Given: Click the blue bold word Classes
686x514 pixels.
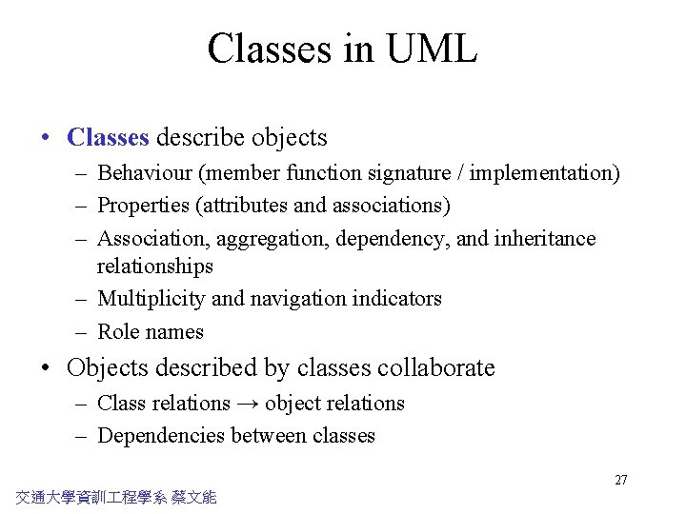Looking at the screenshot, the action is (108, 137).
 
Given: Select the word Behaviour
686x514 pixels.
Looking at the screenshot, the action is (144, 173).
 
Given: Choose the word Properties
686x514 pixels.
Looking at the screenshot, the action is (143, 206).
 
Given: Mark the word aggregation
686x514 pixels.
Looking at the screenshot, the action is (275, 239).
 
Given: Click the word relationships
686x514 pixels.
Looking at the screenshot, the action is (155, 266).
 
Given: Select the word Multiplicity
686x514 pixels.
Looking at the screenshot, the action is (151, 299).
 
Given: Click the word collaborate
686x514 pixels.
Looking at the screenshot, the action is (436, 368).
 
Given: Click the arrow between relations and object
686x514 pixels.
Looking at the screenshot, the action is (248, 404).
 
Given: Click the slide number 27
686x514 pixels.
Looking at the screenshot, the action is (620, 480).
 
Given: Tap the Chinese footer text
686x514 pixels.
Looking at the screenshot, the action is (116, 496).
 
